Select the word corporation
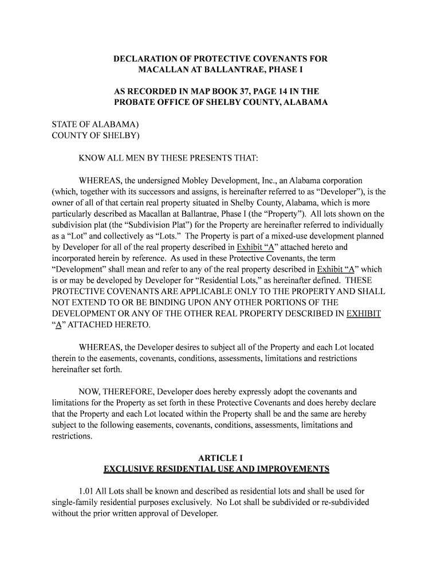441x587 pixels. click(340, 181)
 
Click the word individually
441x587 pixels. click(354, 225)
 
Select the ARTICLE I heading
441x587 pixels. click(216, 458)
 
